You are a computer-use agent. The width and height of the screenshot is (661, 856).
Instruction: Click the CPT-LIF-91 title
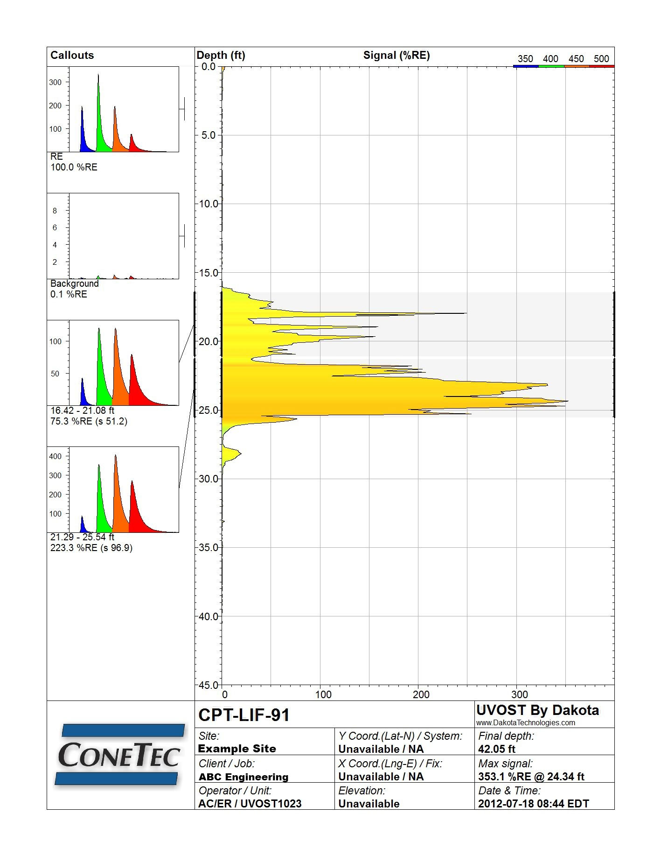click(x=244, y=715)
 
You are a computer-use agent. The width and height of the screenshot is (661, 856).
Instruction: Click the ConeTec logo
click(x=119, y=754)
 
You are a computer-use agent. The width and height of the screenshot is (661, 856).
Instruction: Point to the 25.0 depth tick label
click(x=209, y=410)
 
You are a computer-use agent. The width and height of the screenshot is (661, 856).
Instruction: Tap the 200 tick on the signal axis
click(x=421, y=694)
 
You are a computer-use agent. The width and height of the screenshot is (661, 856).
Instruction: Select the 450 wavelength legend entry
click(x=576, y=59)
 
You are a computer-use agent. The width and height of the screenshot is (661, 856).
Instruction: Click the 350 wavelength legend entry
click(x=525, y=59)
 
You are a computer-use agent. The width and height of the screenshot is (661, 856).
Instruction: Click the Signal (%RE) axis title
click(x=397, y=55)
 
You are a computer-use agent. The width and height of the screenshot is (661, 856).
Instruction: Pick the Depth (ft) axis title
click(x=221, y=55)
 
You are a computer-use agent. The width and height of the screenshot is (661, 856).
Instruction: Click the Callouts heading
click(x=72, y=55)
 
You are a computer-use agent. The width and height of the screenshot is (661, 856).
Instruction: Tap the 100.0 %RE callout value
click(x=74, y=167)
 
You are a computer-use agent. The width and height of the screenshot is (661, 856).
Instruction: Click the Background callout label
click(x=75, y=283)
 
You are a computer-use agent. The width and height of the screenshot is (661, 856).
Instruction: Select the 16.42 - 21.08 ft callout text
click(x=82, y=410)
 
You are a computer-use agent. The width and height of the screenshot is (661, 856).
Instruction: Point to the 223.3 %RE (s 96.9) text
click(x=91, y=548)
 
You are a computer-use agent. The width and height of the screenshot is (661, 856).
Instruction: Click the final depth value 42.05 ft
click(x=497, y=749)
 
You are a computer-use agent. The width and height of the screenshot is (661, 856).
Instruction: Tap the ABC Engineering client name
click(x=244, y=777)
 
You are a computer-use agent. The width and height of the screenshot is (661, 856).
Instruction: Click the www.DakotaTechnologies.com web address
click(x=526, y=722)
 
